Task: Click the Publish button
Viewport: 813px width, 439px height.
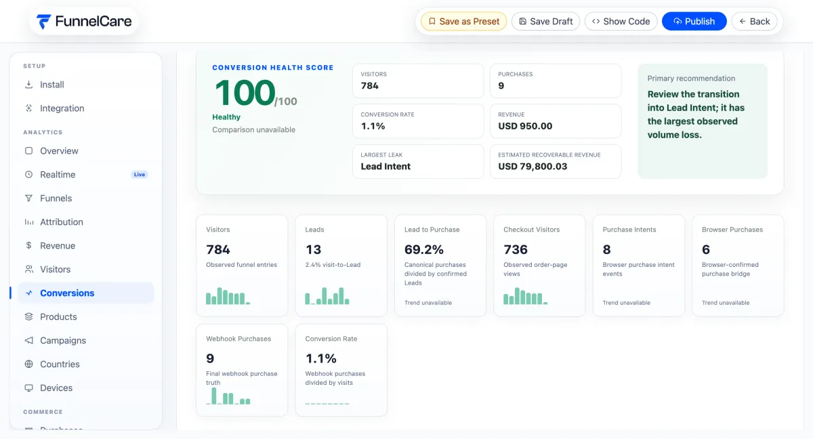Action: tap(694, 22)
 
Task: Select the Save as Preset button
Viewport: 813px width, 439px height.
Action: tap(463, 22)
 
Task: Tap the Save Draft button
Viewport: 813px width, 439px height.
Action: tap(545, 22)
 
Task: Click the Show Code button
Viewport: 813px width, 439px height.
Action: tap(621, 22)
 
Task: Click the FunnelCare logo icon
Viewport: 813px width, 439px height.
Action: tap(43, 22)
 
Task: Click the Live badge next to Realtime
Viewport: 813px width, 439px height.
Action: tap(140, 175)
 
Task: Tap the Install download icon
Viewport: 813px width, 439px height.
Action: tap(28, 85)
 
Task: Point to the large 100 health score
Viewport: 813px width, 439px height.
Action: tap(245, 93)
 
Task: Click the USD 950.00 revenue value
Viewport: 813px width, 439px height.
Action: tap(525, 126)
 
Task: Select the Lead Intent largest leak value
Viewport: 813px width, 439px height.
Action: tap(385, 166)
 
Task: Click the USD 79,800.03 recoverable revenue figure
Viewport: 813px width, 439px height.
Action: tap(533, 166)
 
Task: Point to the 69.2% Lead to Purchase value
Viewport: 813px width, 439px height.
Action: tap(424, 249)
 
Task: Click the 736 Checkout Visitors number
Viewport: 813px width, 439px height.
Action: tap(516, 249)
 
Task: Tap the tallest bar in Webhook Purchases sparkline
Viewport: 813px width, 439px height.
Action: tap(214, 396)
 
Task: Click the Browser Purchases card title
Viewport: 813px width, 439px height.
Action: tap(732, 230)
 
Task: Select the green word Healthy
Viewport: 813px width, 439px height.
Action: tap(226, 117)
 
